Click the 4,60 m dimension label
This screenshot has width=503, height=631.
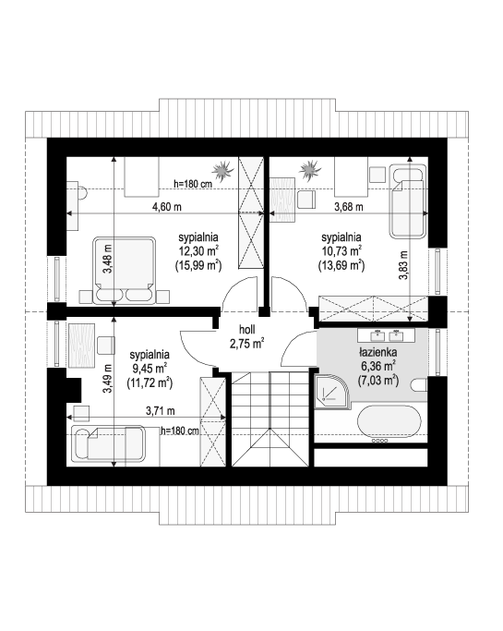pyautogui.click(x=166, y=207)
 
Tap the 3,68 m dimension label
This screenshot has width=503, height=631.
pyautogui.click(x=349, y=207)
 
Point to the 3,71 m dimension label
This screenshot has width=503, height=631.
pyautogui.click(x=160, y=411)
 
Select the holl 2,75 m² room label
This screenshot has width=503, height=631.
pyautogui.click(x=246, y=336)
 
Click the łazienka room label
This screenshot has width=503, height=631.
pyautogui.click(x=378, y=353)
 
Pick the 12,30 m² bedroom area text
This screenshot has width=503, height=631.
pyautogui.click(x=198, y=251)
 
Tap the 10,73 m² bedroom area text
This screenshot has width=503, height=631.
pyautogui.click(x=341, y=251)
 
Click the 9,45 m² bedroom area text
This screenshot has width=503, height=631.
pyautogui.click(x=150, y=369)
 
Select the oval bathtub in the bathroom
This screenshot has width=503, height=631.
pyautogui.click(x=389, y=421)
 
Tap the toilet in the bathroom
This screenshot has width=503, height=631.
pyautogui.click(x=419, y=385)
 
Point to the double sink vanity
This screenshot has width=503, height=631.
pyautogui.click(x=386, y=334)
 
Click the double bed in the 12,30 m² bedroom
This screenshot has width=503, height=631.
pyautogui.click(x=125, y=270)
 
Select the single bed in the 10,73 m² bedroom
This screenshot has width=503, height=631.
pyautogui.click(x=408, y=200)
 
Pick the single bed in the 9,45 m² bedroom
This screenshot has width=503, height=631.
pyautogui.click(x=108, y=443)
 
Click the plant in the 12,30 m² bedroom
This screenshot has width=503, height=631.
pyautogui.click(x=222, y=170)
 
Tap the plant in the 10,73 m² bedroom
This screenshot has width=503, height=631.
pyautogui.click(x=310, y=169)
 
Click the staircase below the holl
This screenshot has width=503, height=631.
pyautogui.click(x=270, y=419)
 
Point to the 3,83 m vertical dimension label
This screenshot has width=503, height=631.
pyautogui.click(x=403, y=265)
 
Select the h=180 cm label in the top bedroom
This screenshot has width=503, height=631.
pyautogui.click(x=193, y=184)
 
